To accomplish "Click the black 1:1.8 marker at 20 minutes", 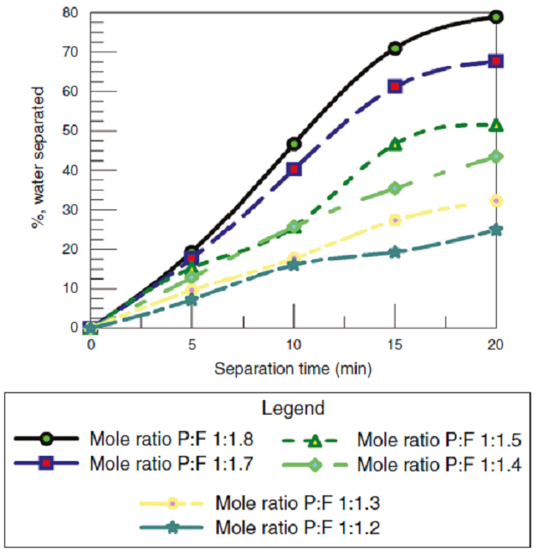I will click(x=496, y=16).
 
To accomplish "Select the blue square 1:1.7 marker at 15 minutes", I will click(x=395, y=86).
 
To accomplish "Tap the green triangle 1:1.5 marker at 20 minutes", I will click(x=496, y=125).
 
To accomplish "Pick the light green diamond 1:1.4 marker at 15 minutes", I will click(x=395, y=188).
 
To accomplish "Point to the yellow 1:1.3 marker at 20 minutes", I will click(x=496, y=200).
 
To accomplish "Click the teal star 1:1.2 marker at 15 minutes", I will click(x=395, y=252).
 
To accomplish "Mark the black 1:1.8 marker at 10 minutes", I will click(x=293, y=143).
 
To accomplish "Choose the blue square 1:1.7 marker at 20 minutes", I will click(x=496, y=61).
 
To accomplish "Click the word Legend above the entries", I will click(x=269, y=407).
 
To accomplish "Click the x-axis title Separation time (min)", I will click(x=293, y=369).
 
